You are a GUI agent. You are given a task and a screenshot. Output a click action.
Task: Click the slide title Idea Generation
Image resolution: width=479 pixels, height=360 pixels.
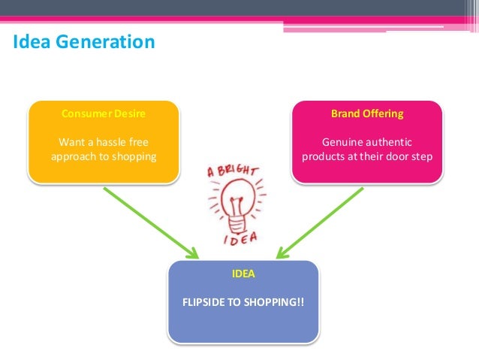[84, 42]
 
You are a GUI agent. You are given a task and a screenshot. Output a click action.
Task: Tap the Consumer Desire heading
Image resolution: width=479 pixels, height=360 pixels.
[104, 114]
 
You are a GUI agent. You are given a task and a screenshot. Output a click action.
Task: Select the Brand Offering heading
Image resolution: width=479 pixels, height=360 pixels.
[367, 114]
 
